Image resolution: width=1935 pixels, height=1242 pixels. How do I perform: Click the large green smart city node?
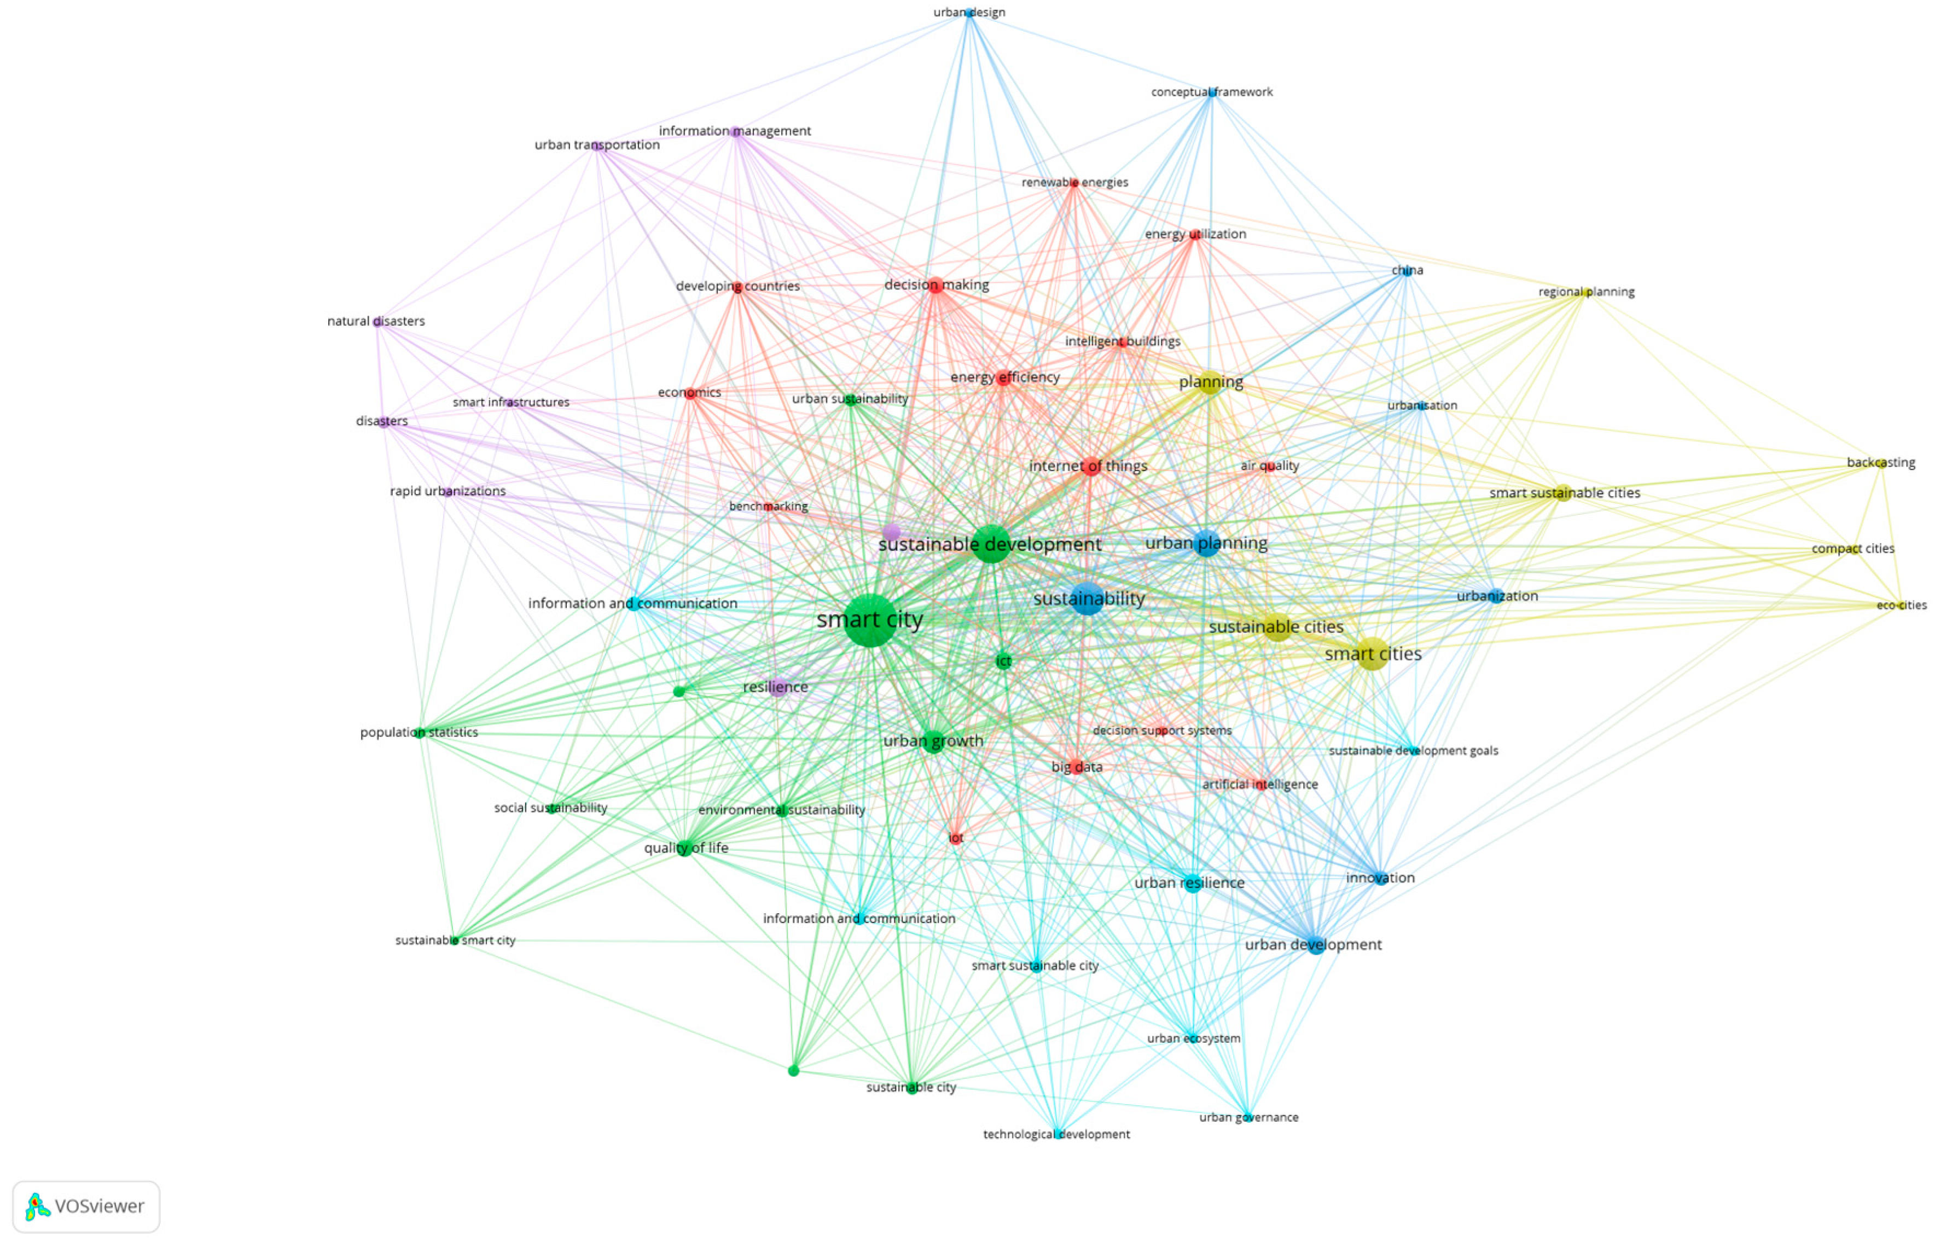coord(869,620)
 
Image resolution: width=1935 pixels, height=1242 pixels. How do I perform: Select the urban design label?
coord(968,12)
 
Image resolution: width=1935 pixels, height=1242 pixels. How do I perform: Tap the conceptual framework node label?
coord(1211,92)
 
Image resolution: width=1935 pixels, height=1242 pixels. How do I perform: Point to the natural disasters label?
coord(376,321)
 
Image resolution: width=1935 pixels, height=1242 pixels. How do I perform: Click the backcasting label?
coord(1880,463)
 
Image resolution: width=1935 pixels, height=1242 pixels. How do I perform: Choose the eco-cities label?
coord(1901,605)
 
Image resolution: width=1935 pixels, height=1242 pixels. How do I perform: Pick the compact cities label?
coord(1852,548)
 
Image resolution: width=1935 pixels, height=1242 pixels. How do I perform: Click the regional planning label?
coord(1585,292)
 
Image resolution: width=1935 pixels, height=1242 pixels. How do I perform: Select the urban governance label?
coord(1248,1117)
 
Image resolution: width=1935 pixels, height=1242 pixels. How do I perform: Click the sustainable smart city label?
coord(455,941)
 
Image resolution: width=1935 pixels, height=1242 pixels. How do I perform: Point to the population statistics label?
coord(419,732)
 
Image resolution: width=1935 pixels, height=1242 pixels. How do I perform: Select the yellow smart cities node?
coord(1372,654)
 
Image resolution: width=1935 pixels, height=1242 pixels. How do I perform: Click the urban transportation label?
coord(597,145)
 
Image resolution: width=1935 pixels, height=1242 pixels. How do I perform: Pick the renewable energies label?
coord(1074,182)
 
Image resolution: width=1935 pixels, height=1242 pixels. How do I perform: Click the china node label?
coord(1407,270)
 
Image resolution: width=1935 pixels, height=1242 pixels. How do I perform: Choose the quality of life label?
coord(685,848)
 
